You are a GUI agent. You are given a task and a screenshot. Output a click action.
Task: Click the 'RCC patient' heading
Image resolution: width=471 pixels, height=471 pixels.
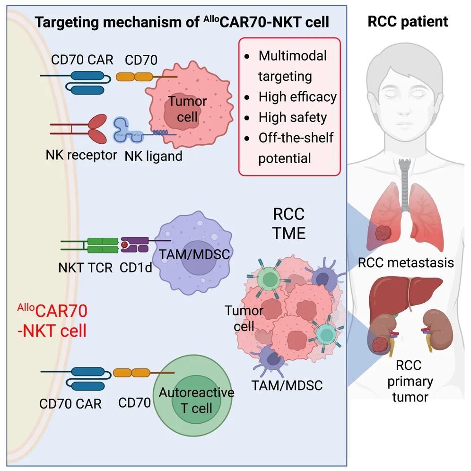point(408,21)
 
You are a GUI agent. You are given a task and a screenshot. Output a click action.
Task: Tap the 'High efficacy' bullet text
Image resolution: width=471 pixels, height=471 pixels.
point(297,97)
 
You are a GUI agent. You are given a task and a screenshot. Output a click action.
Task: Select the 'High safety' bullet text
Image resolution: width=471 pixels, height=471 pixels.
point(293,117)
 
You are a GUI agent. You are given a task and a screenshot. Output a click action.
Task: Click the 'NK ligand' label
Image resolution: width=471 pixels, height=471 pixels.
point(154,156)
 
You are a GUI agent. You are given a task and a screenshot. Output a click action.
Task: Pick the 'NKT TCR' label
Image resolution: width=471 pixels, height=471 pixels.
point(86,268)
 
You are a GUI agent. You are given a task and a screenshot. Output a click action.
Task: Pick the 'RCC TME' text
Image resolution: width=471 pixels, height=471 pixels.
point(289,223)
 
